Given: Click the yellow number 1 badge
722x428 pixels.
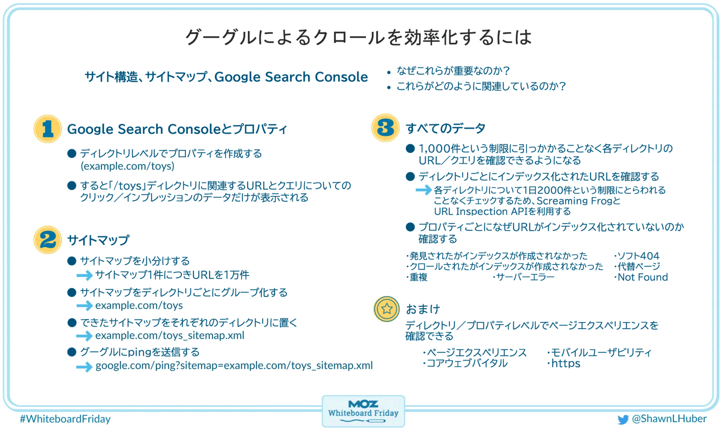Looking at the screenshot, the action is pos(48,129).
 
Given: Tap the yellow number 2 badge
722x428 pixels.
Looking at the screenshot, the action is pos(48,239).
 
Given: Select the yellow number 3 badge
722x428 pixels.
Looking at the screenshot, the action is pos(385,128).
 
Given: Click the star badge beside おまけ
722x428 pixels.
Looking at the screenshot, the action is pos(386,309).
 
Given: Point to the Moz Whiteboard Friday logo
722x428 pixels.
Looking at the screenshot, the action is pos(363,411).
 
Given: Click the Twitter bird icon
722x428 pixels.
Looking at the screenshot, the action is pos(623,419).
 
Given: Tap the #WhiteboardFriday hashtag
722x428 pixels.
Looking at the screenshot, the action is pos(65,419).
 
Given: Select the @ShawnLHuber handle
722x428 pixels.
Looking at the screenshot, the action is pos(669,419).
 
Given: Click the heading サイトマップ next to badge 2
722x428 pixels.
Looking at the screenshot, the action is pos(98,240).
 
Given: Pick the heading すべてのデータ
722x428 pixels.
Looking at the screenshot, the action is pos(445,128).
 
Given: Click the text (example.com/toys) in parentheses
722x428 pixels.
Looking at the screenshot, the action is pos(127,166).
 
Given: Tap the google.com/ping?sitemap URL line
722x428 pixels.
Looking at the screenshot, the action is pos(234,365).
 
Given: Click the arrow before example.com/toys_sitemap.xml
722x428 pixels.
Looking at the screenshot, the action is pos(84,336).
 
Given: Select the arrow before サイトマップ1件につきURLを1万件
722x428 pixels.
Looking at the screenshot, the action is pos(84,276).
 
